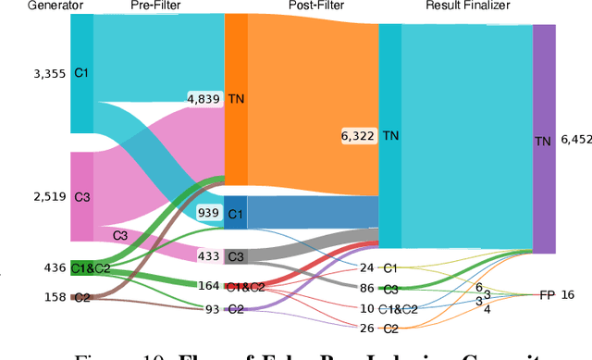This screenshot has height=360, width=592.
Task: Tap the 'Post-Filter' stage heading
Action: point(302,6)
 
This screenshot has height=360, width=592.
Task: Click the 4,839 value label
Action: point(204,98)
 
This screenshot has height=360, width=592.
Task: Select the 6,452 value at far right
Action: point(573,140)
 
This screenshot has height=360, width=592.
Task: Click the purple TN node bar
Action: point(544,139)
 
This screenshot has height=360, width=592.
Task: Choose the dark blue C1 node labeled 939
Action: point(237,213)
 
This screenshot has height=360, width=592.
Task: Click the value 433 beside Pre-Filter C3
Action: point(209,255)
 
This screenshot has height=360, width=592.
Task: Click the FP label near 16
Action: point(548,294)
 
